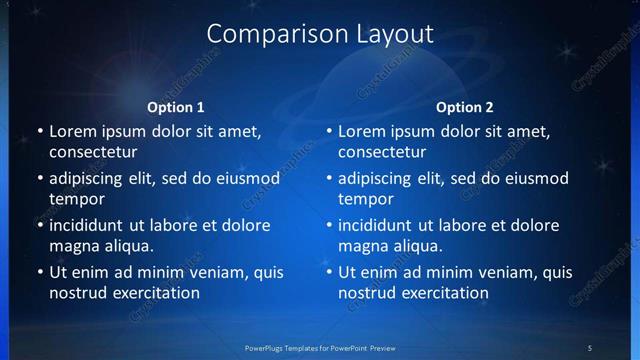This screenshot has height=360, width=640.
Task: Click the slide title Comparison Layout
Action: pyautogui.click(x=320, y=33)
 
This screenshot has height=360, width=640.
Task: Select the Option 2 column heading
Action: pyautogui.click(x=465, y=107)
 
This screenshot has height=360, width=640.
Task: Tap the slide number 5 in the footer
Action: pyautogui.click(x=590, y=348)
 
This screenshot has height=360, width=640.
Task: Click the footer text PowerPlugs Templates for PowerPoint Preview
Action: pyautogui.click(x=320, y=348)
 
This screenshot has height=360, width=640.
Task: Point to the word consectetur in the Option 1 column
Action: pyautogui.click(x=93, y=152)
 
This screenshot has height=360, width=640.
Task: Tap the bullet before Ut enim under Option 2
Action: pyautogui.click(x=329, y=272)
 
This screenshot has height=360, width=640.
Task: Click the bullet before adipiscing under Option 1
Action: pyautogui.click(x=40, y=178)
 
